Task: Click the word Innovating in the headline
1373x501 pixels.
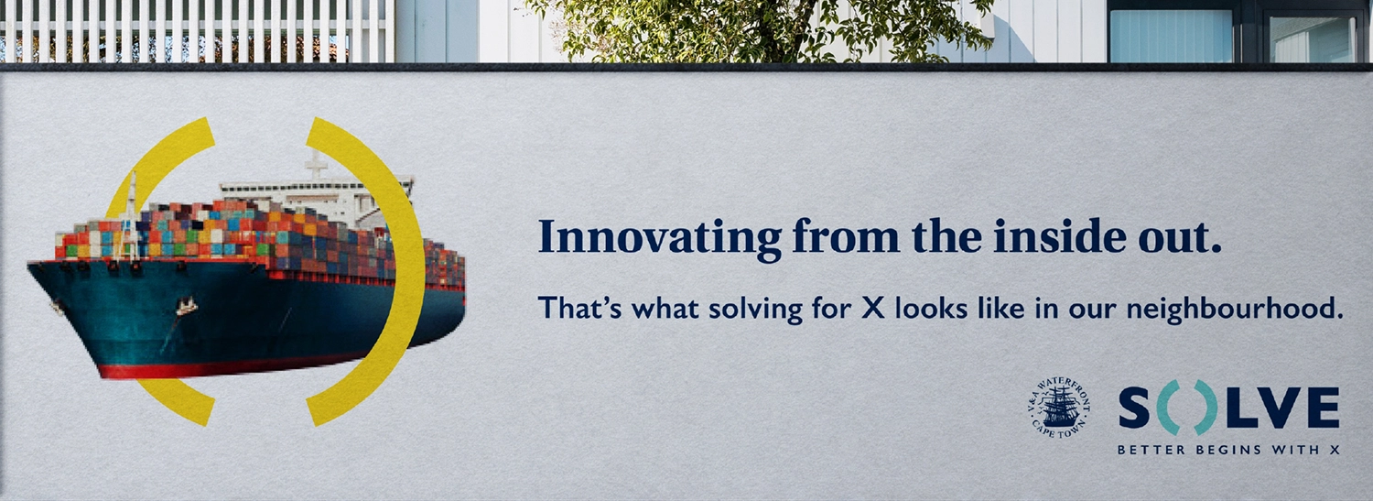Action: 660,239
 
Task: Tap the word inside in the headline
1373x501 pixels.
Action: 1061,236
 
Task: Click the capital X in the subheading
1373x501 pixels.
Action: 873,309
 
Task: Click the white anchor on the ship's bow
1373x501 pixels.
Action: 187,305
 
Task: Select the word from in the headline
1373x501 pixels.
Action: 846,237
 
